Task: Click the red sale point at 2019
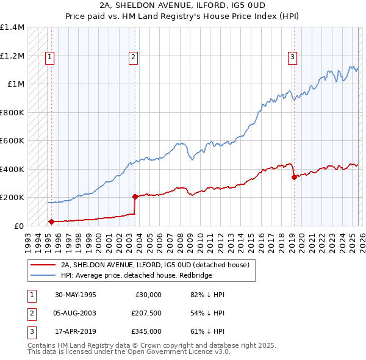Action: point(294,178)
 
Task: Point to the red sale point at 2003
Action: point(135,196)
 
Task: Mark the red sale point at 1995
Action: point(51,221)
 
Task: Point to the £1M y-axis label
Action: point(16,84)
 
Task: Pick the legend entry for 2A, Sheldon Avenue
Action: point(155,265)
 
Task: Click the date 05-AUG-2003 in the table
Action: point(76,313)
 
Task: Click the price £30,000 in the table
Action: point(148,295)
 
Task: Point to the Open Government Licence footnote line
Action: point(129,352)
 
